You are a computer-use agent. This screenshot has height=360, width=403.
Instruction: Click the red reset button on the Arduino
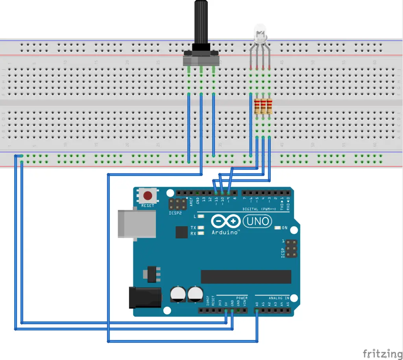pyautogui.click(x=148, y=196)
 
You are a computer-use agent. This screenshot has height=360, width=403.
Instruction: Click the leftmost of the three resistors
pyautogui.click(x=257, y=107)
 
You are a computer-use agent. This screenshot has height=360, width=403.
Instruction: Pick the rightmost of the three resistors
pyautogui.click(x=270, y=107)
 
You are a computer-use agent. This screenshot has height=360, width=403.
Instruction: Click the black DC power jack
pyautogui.click(x=144, y=297)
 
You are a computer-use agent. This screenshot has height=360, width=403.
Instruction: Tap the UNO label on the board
pyautogui.click(x=258, y=222)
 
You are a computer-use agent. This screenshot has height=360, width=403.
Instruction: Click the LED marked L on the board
pyautogui.click(x=201, y=216)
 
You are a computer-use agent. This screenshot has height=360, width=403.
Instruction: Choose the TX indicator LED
pyautogui.click(x=201, y=228)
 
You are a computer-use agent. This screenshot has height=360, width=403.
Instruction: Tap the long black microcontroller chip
pyautogui.click(x=246, y=277)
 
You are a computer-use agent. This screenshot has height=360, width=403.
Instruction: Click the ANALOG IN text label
pyautogui.click(x=279, y=297)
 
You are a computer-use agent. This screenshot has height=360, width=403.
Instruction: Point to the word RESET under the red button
pyautogui.click(x=148, y=205)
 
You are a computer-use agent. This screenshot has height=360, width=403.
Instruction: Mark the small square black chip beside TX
pyautogui.click(x=181, y=232)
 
